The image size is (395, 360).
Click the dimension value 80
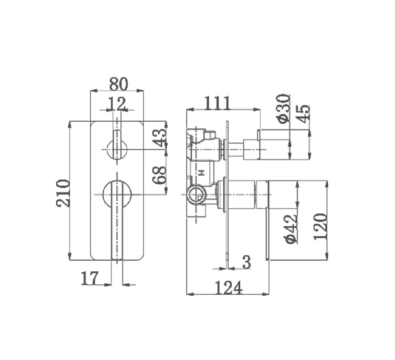pyautogui.click(x=119, y=84)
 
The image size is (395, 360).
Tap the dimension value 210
pyautogui.click(x=63, y=193)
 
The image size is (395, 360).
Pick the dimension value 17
pyautogui.click(x=90, y=278)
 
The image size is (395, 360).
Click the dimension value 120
pyautogui.click(x=320, y=227)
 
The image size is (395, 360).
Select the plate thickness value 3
pyautogui.click(x=247, y=262)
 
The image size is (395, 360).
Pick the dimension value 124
pyautogui.click(x=229, y=288)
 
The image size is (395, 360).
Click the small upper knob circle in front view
pyautogui.click(x=117, y=149)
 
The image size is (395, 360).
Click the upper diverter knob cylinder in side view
pyautogui.click(x=273, y=144)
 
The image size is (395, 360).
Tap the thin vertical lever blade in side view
pyautogui.click(x=268, y=233)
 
